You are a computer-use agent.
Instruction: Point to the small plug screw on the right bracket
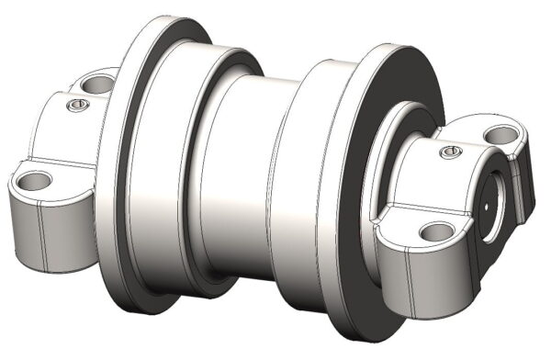pos(448,150)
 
